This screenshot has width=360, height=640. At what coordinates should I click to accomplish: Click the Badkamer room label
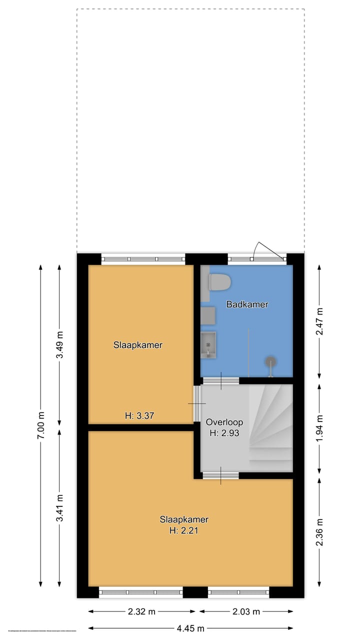pyautogui.click(x=247, y=304)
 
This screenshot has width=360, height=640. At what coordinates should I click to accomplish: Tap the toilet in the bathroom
pyautogui.click(x=219, y=282)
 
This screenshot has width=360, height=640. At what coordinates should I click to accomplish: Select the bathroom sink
pyautogui.click(x=208, y=345)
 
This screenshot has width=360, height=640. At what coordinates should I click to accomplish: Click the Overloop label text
pyautogui.click(x=224, y=422)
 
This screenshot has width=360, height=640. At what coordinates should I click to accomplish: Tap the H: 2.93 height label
pyautogui.click(x=224, y=433)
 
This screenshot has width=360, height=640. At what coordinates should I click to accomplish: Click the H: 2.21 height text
pyautogui.click(x=184, y=530)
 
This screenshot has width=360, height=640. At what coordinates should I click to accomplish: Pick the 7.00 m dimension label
pyautogui.click(x=41, y=425)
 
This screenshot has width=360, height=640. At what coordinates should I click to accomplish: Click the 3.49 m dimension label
pyautogui.click(x=60, y=345)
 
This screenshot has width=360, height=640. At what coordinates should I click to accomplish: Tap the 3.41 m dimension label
pyautogui.click(x=60, y=508)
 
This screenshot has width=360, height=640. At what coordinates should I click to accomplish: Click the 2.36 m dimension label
pyautogui.click(x=320, y=534)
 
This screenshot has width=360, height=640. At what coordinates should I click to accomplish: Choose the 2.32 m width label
pyautogui.click(x=142, y=611)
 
